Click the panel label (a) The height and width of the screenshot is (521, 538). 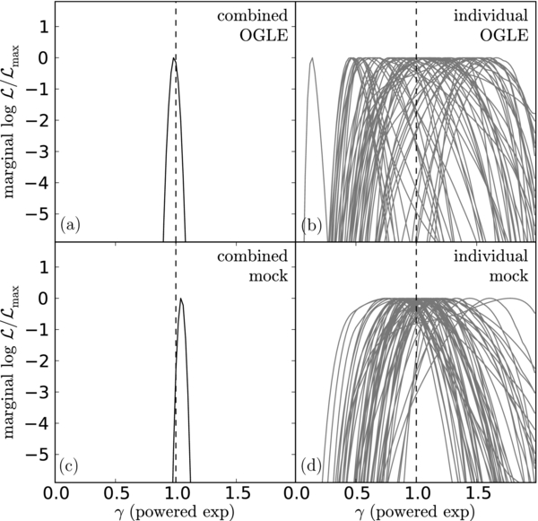69,226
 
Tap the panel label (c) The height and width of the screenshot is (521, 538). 69,465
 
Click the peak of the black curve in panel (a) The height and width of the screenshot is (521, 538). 174,58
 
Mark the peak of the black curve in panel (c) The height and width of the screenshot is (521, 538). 181,299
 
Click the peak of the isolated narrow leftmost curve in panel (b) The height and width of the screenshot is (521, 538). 311,58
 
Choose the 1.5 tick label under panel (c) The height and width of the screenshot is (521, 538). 236,492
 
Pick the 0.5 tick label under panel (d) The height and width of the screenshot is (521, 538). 356,492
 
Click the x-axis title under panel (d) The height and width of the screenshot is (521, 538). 416,512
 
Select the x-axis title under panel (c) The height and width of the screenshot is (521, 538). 176,512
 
